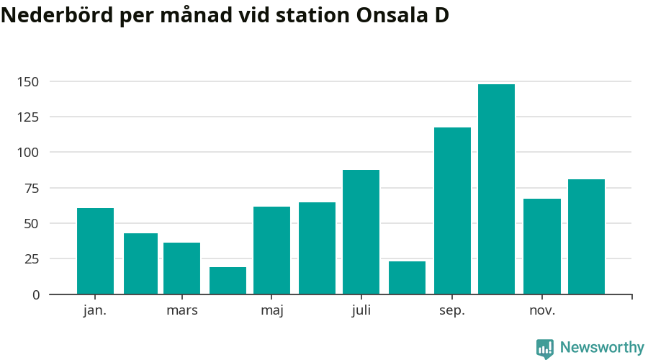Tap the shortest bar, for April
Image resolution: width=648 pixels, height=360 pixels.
tap(228, 280)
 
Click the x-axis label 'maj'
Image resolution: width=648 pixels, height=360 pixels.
tap(272, 310)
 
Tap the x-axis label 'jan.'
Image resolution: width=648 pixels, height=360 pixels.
tap(95, 310)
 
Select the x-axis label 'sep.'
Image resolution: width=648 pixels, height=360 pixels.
tap(452, 310)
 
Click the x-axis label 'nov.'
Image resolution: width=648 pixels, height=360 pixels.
tap(542, 310)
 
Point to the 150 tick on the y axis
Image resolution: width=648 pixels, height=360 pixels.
tap(29, 81)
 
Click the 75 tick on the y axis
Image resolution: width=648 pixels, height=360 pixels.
tap(32, 188)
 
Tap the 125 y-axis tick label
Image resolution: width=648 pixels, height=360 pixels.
tap(29, 117)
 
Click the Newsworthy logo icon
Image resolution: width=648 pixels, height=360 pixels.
tap(545, 348)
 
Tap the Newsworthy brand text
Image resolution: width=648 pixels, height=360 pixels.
tap(602, 348)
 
